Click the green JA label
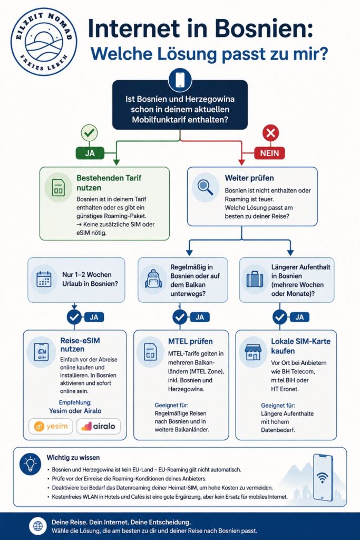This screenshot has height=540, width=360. [x=90, y=152]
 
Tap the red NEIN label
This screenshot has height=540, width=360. [x=269, y=153]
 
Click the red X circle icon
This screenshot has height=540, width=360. [x=270, y=133]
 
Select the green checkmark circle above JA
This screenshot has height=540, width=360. [x=89, y=133]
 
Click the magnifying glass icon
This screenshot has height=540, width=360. [x=206, y=187]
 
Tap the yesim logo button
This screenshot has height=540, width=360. [x=51, y=426]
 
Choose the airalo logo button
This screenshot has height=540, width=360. [x=99, y=426]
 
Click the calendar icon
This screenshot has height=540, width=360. [x=44, y=279]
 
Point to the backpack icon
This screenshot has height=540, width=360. [x=153, y=278]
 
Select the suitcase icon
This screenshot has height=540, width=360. [x=255, y=279]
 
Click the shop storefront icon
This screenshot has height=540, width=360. [x=253, y=352]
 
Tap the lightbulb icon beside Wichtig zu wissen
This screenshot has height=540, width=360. [x=30, y=464]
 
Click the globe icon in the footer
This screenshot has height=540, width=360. [x=38, y=526]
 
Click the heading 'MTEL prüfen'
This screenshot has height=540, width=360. [x=190, y=342]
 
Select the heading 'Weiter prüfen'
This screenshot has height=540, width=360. [x=249, y=178]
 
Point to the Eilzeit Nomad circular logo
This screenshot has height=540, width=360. [x=44, y=42]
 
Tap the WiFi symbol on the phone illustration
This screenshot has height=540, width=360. [x=323, y=478]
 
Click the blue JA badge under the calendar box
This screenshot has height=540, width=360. [x=94, y=317]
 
